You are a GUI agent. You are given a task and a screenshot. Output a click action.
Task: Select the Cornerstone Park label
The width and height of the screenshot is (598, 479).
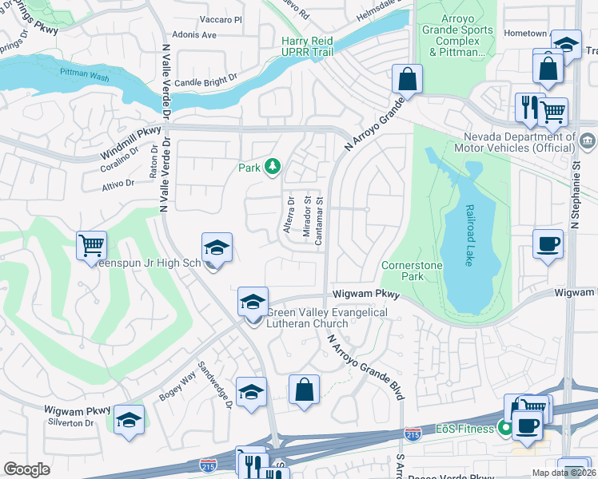click(x=411, y=271)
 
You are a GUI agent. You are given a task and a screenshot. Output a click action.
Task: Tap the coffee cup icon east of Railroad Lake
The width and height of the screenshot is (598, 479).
click(x=548, y=244)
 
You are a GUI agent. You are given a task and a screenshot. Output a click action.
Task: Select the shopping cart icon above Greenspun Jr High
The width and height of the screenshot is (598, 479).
click(x=92, y=245)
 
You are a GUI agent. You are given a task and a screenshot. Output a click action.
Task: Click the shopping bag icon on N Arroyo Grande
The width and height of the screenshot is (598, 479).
click(x=407, y=79)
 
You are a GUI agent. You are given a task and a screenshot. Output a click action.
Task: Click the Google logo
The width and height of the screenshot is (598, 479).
click(x=26, y=469)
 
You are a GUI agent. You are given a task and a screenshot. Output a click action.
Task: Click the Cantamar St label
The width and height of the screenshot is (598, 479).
click(x=319, y=222)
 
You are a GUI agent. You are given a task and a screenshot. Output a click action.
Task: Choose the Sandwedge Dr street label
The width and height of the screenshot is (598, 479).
click(x=217, y=386)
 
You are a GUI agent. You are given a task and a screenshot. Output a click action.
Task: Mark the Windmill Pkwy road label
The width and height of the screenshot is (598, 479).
click(x=131, y=142)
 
